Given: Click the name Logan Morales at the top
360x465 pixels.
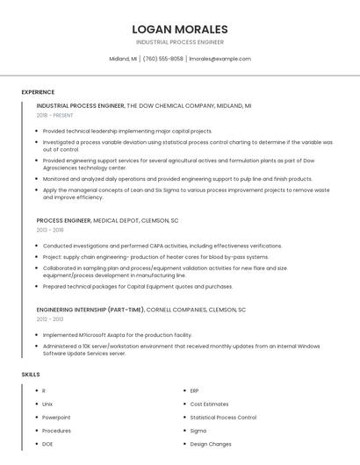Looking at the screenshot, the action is [x=180, y=29].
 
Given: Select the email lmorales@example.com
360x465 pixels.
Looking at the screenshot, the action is [x=220, y=59].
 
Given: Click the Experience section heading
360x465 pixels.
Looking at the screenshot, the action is [x=38, y=92].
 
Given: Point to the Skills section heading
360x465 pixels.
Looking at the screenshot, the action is [x=31, y=375].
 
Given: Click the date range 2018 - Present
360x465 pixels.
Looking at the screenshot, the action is [x=54, y=115].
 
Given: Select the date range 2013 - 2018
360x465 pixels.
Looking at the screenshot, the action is [x=50, y=230].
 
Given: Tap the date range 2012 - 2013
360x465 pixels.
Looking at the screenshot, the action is [x=50, y=319].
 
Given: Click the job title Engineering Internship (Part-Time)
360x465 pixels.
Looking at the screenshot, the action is [x=90, y=310].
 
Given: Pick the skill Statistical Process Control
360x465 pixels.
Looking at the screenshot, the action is [x=223, y=418].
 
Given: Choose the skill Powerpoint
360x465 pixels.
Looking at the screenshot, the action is [x=56, y=418].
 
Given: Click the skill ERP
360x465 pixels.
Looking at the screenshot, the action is [x=194, y=390].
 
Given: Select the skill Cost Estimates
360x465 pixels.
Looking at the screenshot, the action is [x=209, y=404].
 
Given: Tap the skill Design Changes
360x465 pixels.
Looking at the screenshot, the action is [x=211, y=444].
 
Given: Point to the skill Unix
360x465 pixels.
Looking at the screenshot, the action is [x=47, y=404].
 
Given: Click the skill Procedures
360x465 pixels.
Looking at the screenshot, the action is [x=56, y=431].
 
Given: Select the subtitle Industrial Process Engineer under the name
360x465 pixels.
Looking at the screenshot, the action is [x=180, y=42].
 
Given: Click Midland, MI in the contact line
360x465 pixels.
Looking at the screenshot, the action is [x=123, y=59].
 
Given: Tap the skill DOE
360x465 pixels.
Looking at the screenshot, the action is [x=47, y=444].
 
